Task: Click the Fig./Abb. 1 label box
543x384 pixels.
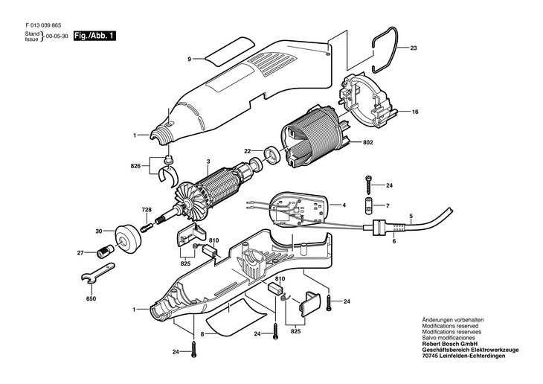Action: [94, 36]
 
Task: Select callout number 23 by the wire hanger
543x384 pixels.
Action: [414, 48]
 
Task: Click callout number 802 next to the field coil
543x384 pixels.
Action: [368, 142]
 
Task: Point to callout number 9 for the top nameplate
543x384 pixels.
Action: [190, 58]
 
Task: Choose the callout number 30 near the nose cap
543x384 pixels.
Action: [98, 231]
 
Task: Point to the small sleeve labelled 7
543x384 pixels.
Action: [367, 205]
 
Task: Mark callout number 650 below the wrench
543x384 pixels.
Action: [91, 298]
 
